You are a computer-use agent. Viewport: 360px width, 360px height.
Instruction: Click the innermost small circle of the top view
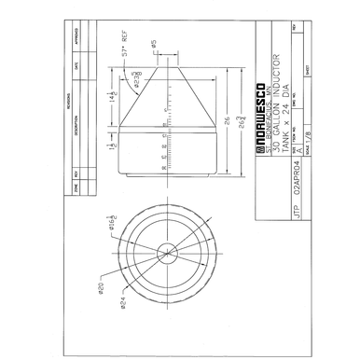[x=169, y=250]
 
